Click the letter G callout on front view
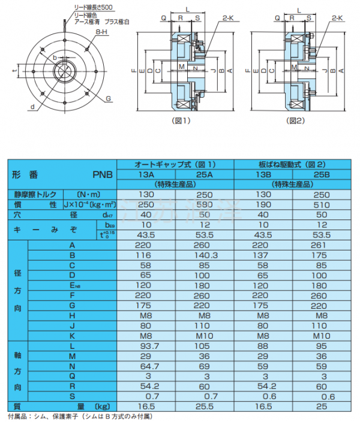pos(108,98)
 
